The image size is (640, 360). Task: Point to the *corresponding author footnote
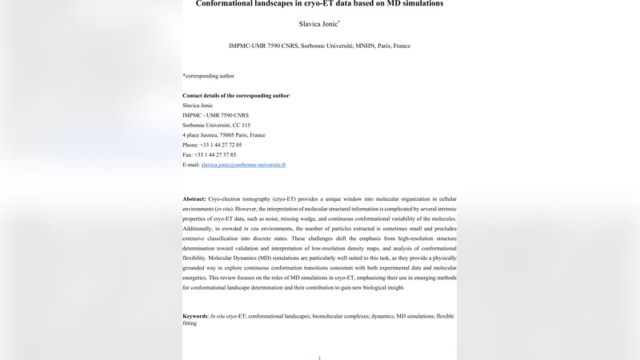coord(209,76)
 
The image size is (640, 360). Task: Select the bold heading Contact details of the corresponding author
coord(236,95)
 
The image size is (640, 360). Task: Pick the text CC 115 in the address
coord(241,126)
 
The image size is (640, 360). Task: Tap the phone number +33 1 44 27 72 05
coord(221,145)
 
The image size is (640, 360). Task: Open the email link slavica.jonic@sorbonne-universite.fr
coord(243,165)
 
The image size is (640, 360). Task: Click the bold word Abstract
coord(194,198)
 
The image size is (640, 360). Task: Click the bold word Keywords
coord(196,317)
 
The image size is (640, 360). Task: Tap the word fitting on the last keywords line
coord(190,324)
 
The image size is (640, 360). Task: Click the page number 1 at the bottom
coord(319,358)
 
